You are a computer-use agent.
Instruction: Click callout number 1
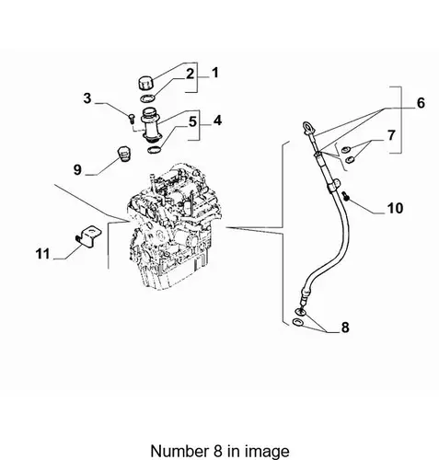[x=215, y=73]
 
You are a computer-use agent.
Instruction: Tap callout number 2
[x=191, y=74]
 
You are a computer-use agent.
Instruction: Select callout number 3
[x=87, y=98]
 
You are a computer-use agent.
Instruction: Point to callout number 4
[x=217, y=121]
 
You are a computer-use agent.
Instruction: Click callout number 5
[x=192, y=121]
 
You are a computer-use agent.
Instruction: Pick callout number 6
[x=421, y=103]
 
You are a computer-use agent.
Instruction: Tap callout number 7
[x=391, y=135]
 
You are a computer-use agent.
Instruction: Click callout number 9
[x=77, y=169]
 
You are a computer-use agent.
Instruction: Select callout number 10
[x=395, y=208]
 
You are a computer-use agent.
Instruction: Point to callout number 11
[x=42, y=254]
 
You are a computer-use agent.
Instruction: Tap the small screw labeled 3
[x=132, y=118]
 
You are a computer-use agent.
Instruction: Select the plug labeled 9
[x=124, y=155]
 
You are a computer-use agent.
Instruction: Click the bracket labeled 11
[x=88, y=236]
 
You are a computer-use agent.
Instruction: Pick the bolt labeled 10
[x=346, y=196]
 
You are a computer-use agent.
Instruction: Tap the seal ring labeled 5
[x=154, y=150]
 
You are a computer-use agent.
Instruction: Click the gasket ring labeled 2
[x=147, y=98]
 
